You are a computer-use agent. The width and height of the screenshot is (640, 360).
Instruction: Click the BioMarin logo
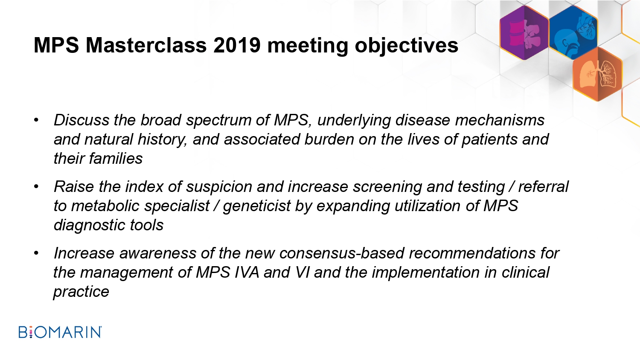click(x=60, y=332)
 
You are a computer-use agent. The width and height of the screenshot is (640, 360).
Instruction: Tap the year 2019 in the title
click(x=237, y=45)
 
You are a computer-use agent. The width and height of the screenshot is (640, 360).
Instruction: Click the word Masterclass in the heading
click(x=146, y=45)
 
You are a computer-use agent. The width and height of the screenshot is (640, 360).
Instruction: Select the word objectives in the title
click(x=406, y=46)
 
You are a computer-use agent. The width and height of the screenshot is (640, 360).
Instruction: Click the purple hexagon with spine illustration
click(x=524, y=32)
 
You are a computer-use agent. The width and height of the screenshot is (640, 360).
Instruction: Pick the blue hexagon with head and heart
click(x=573, y=32)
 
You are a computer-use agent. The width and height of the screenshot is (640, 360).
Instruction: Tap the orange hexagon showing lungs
click(x=597, y=74)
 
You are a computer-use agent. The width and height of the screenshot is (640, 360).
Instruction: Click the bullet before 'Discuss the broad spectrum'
click(x=36, y=120)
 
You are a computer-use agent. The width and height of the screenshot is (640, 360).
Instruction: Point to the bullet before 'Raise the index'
click(x=36, y=187)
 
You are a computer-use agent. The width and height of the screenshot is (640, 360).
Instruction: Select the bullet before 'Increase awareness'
click(x=36, y=253)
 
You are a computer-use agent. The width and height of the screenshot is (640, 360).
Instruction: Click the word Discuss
click(x=81, y=120)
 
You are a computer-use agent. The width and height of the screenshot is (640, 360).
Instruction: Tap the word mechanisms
click(x=500, y=120)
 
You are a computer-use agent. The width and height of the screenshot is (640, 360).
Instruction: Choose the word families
click(x=116, y=158)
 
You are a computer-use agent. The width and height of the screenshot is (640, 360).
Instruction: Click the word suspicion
click(x=219, y=187)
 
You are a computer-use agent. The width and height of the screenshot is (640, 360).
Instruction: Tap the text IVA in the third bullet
click(x=247, y=272)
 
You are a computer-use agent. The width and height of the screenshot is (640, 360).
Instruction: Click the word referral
click(x=544, y=187)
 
